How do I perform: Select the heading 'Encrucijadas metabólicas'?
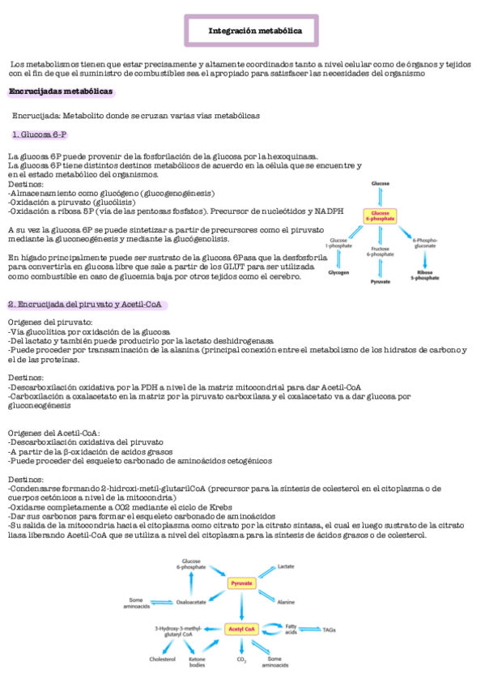(x=61, y=92)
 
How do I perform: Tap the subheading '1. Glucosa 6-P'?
(x=40, y=133)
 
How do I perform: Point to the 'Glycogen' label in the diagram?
(x=339, y=273)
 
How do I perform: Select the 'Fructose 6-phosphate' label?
(x=381, y=252)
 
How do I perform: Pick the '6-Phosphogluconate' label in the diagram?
(x=426, y=244)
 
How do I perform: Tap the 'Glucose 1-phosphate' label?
(x=338, y=244)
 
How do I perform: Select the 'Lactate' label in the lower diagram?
(x=287, y=566)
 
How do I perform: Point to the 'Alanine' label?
(x=286, y=602)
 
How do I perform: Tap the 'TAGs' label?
(x=330, y=629)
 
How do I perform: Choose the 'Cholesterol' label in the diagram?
(x=162, y=659)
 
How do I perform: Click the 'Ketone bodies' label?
(x=197, y=663)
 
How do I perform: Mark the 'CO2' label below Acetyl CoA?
(x=241, y=660)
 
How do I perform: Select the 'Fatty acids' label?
(x=291, y=629)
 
